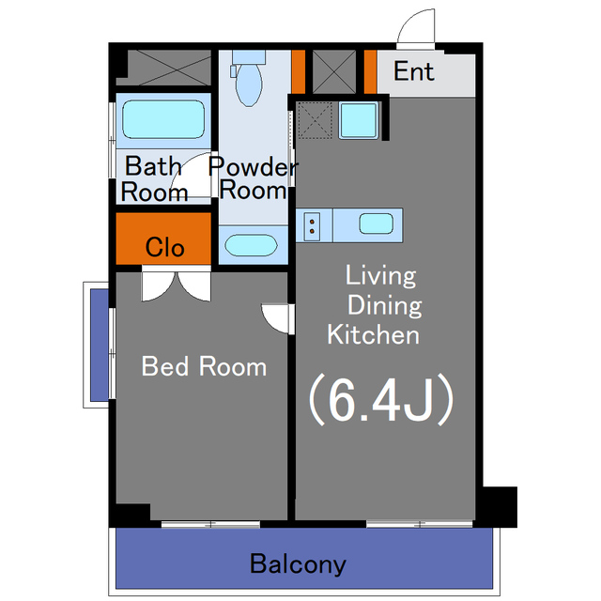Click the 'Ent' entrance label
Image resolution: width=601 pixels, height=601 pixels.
[x=414, y=71]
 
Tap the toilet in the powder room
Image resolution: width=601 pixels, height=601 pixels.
[x=248, y=78]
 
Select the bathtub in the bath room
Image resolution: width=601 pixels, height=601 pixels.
[x=163, y=119]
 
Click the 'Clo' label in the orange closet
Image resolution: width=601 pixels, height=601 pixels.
[x=165, y=247]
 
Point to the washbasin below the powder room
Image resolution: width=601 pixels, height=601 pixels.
[x=251, y=245]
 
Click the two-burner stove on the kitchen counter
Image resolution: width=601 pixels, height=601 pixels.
[x=312, y=225]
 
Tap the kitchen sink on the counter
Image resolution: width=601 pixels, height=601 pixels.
[x=376, y=223]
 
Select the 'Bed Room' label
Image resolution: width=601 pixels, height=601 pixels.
[x=204, y=366]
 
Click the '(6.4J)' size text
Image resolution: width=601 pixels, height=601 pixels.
[x=382, y=400]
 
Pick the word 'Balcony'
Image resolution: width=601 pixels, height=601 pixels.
[x=298, y=563]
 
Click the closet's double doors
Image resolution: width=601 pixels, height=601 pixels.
[x=177, y=286]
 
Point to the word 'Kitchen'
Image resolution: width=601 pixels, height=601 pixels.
[x=374, y=335]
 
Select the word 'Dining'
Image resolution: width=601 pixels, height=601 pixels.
[x=384, y=306]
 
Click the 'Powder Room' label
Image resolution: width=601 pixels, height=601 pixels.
[x=253, y=177]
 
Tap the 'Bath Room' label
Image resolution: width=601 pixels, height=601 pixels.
[x=154, y=178]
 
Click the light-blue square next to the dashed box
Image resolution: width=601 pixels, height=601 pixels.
[x=359, y=120]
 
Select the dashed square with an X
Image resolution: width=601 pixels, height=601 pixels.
[x=316, y=120]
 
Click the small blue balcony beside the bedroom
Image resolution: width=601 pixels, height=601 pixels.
[x=100, y=345]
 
